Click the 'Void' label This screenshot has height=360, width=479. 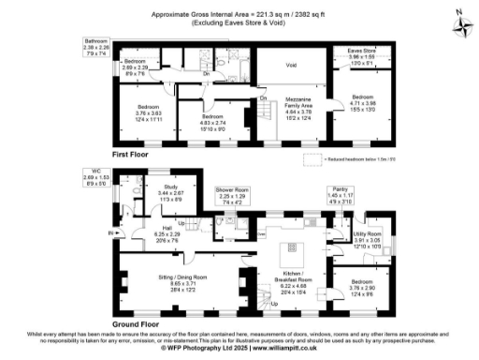[x=292, y=65]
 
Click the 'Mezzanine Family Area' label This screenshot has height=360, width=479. [x=299, y=108]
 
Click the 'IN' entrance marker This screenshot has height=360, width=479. [x=110, y=233]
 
